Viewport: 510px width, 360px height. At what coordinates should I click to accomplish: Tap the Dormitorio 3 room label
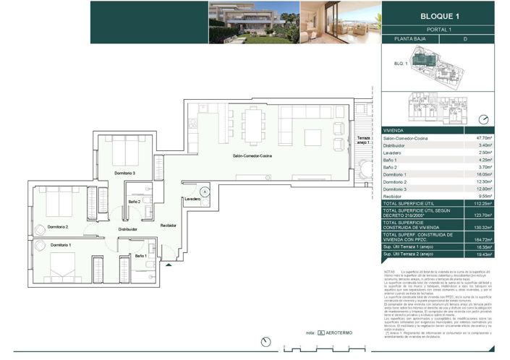point(124,173)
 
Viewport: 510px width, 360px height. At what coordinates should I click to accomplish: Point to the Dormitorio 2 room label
point(58,227)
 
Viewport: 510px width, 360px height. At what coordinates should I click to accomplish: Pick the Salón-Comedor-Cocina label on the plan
point(252,156)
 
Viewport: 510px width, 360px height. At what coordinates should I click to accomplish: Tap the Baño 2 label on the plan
point(134,202)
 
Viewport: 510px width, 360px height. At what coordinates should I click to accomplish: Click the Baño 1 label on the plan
point(142,256)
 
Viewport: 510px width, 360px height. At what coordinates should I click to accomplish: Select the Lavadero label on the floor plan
point(192,199)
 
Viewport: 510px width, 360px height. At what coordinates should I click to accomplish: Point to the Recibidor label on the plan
point(169,226)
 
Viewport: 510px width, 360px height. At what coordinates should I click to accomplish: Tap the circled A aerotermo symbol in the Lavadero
point(205,192)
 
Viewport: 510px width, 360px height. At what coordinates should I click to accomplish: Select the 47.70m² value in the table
point(483,137)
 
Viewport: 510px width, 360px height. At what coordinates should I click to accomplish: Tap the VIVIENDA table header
point(394,129)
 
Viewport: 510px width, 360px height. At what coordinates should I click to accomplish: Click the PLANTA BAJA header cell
point(411,40)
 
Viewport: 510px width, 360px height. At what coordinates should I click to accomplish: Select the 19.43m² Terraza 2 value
point(483,254)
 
